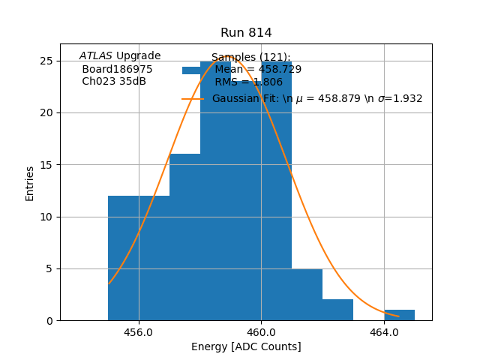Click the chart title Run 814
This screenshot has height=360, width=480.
pos(246,33)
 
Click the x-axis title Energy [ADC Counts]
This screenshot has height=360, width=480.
pos(246,346)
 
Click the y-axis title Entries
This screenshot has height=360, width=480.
pos(30,183)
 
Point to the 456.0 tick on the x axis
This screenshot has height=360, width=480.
pos(139,331)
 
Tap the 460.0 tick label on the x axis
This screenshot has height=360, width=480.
pos(261,331)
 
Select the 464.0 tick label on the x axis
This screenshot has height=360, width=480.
pos(384,331)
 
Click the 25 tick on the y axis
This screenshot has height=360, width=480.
pos(48,61)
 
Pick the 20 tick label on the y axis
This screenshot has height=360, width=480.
pos(48,112)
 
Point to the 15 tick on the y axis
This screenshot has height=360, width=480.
pos(48,165)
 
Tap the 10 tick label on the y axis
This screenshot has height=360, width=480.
pos(48,217)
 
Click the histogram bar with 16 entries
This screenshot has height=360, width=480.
pos(184,237)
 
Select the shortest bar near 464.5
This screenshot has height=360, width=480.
pos(399,315)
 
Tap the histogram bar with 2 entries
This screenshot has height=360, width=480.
pos(337,310)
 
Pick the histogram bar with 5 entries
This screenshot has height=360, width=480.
pos(307,295)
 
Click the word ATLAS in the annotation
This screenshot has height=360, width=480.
pos(96,56)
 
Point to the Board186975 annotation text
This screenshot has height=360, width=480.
pos(117,69)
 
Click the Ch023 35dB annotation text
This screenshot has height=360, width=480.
pos(114,82)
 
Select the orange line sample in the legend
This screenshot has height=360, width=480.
pos(193,99)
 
